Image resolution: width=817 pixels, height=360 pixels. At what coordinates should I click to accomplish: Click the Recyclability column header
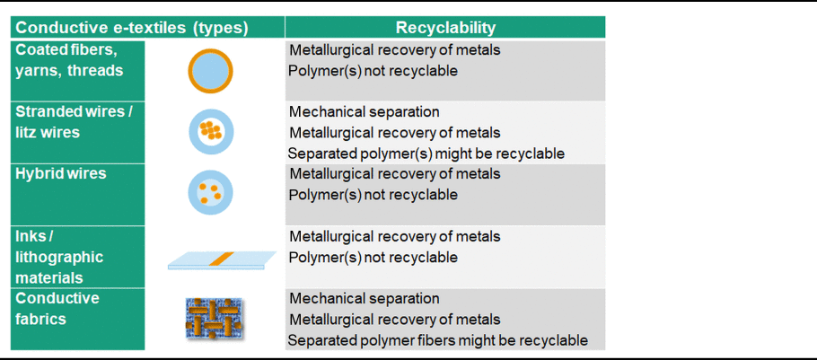click(x=445, y=28)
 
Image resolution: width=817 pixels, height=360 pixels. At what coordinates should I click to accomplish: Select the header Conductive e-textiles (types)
click(x=132, y=28)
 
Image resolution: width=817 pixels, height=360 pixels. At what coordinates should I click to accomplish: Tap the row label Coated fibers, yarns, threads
click(x=69, y=60)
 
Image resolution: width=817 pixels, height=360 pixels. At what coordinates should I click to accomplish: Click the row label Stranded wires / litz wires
click(x=71, y=122)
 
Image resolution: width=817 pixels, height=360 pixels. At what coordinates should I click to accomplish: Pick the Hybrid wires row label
click(x=61, y=173)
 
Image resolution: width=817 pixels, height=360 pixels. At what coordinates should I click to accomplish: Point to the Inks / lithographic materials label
click(x=59, y=257)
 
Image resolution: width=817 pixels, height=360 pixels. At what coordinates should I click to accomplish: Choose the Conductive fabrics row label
click(x=57, y=309)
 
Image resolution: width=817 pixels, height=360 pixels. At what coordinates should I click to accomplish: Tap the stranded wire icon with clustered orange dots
click(x=211, y=132)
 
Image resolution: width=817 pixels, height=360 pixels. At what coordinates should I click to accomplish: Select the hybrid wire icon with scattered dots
click(x=210, y=193)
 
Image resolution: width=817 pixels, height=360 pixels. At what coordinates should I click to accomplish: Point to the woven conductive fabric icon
click(x=215, y=318)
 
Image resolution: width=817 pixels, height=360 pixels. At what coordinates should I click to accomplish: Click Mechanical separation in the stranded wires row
click(x=365, y=111)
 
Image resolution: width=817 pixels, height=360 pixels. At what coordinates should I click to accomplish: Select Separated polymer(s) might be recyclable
click(x=426, y=154)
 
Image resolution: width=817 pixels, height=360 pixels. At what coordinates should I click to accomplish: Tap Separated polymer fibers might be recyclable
click(x=438, y=340)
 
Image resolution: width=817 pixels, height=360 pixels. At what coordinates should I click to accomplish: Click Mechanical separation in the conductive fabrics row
click(x=365, y=299)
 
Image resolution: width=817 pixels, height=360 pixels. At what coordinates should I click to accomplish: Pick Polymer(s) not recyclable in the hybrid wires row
click(x=373, y=195)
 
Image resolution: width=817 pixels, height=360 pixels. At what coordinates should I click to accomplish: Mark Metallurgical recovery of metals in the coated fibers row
click(x=395, y=50)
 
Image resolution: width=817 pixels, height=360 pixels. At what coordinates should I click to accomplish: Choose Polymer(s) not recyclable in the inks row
click(x=373, y=258)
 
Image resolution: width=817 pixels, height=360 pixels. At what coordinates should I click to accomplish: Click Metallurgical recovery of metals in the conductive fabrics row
click(x=395, y=320)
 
